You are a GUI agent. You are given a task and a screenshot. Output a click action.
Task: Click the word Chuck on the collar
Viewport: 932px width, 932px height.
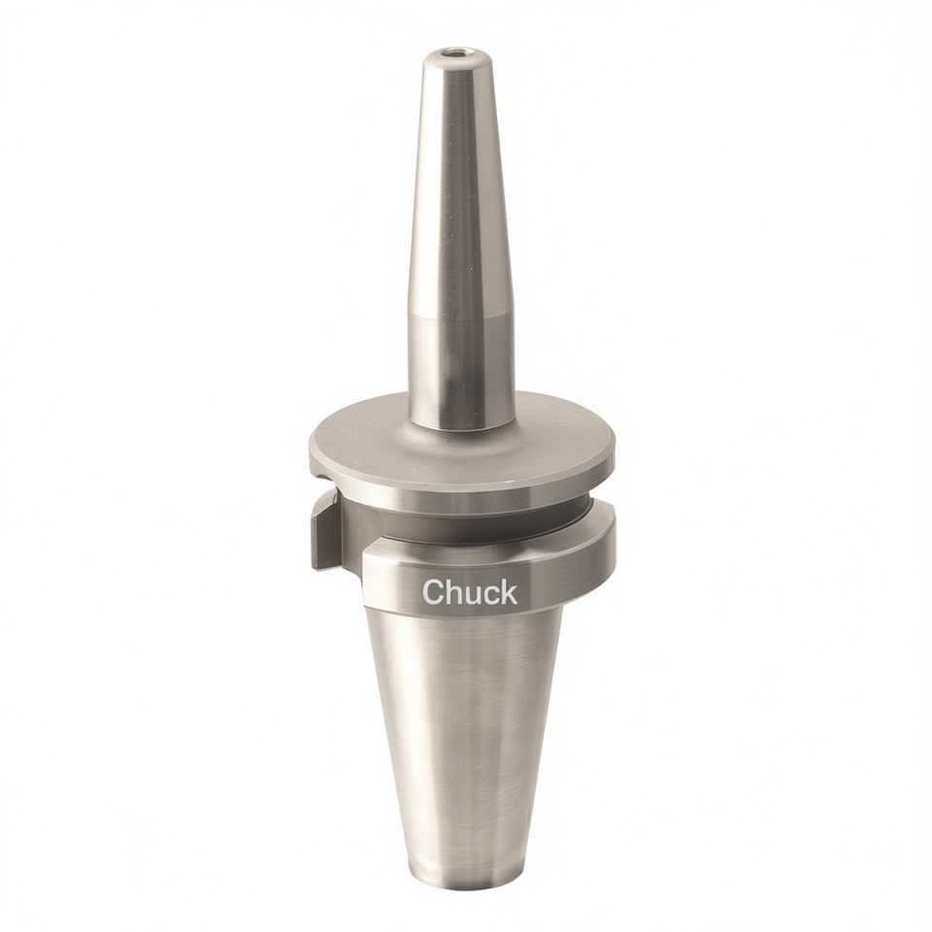[470, 592]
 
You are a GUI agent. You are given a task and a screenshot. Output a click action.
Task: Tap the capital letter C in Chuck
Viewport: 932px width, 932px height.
[433, 592]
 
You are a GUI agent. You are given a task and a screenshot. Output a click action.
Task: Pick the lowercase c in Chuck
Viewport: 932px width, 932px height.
[491, 595]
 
